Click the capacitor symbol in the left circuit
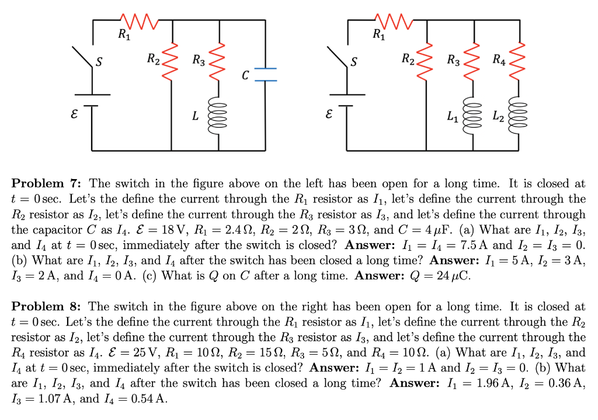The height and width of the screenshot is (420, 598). [266, 72]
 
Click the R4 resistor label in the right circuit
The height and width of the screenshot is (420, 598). [499, 59]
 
